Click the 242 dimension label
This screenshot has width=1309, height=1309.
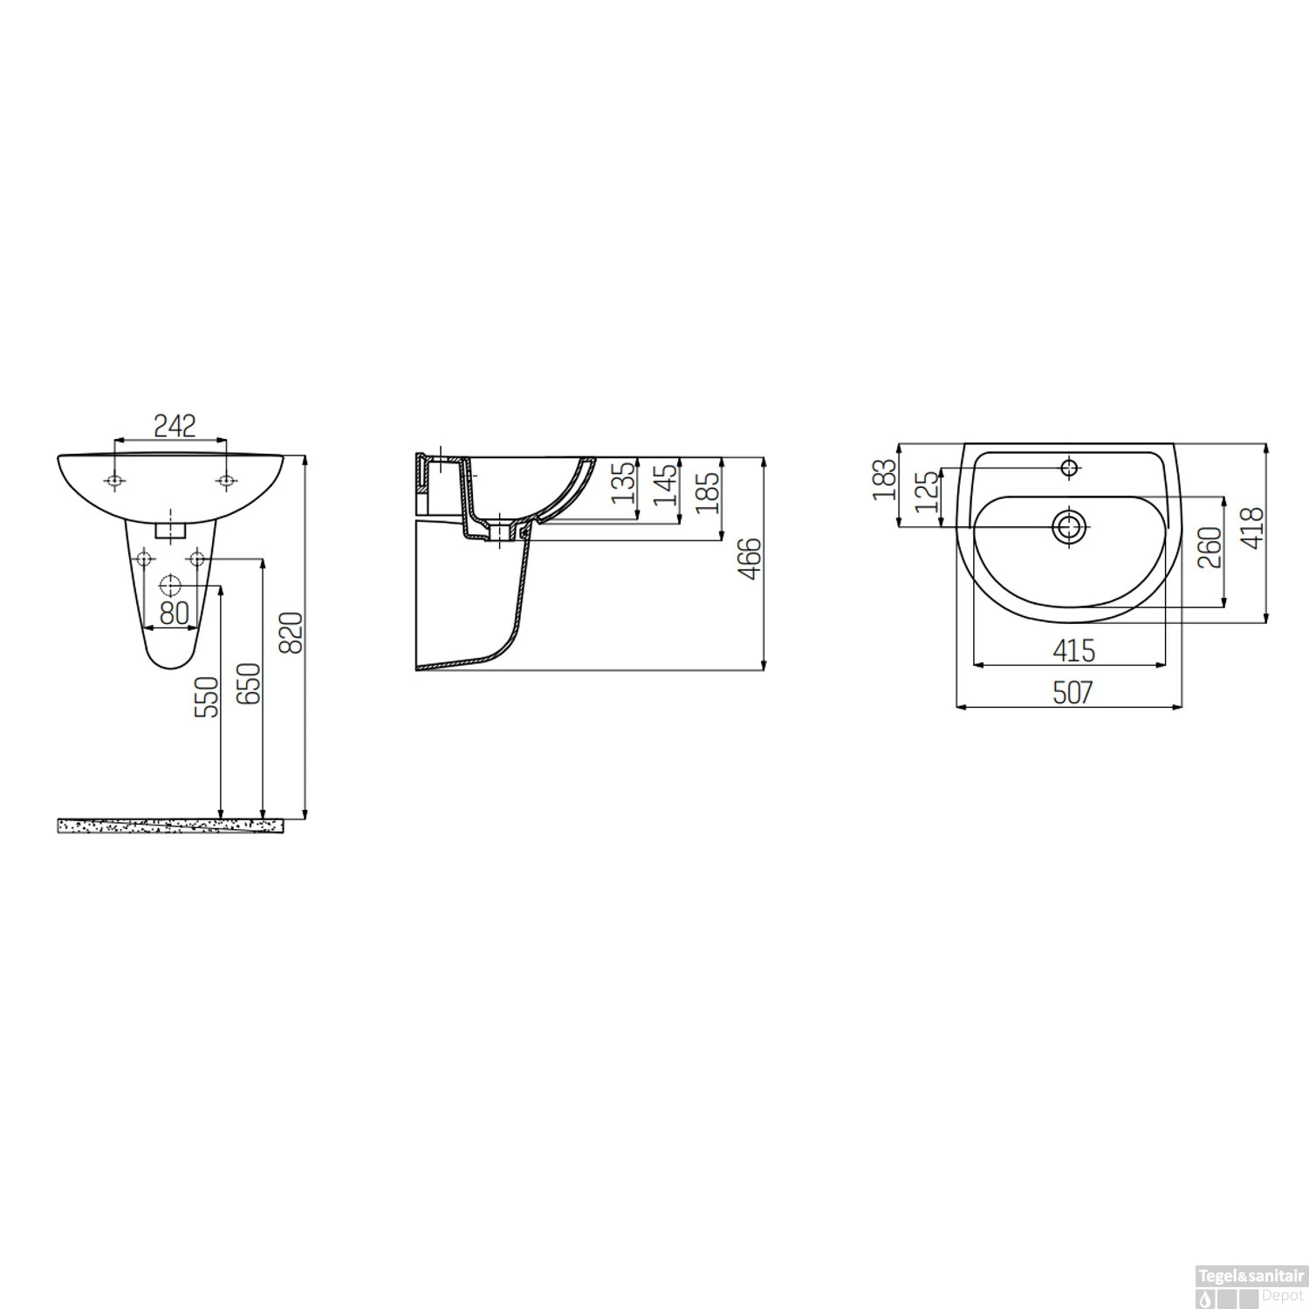pyautogui.click(x=175, y=426)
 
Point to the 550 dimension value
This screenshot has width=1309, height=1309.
pyautogui.click(x=207, y=696)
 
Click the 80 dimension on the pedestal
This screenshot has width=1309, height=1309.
pyautogui.click(x=175, y=613)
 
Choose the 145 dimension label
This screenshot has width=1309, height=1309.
pyautogui.click(x=666, y=486)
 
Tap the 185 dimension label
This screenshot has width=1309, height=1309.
pyautogui.click(x=708, y=491)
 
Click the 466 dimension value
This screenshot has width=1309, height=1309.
pyautogui.click(x=750, y=559)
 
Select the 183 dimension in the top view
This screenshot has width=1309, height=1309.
pyautogui.click(x=884, y=479)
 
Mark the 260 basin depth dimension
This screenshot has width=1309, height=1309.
pyautogui.click(x=1210, y=547)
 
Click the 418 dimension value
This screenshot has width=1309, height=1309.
pyautogui.click(x=1252, y=527)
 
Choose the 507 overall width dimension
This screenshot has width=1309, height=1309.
pyautogui.click(x=1073, y=692)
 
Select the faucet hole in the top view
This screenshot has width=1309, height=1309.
pyautogui.click(x=1070, y=467)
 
